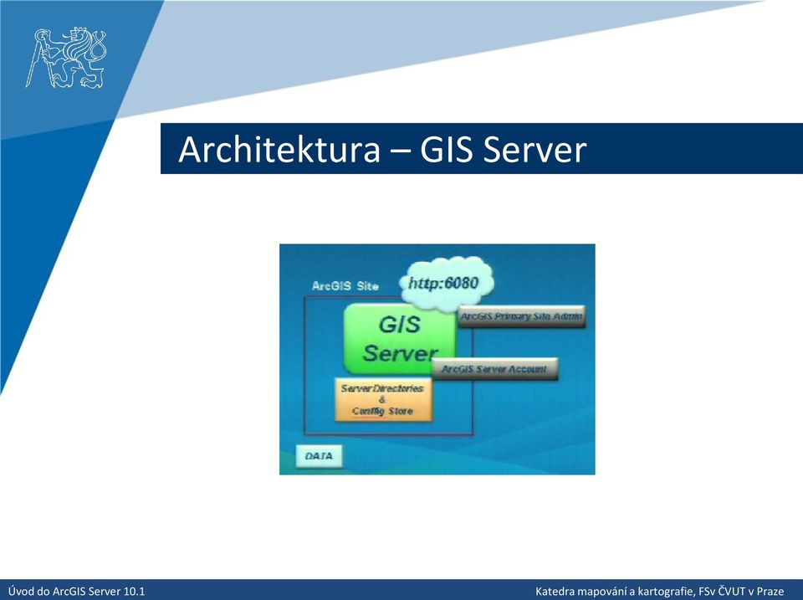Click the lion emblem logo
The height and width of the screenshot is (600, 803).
(66, 58)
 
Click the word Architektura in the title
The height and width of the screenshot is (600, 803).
(279, 149)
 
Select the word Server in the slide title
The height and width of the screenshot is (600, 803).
(534, 149)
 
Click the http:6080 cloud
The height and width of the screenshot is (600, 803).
(446, 284)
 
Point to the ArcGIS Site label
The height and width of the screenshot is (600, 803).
(345, 286)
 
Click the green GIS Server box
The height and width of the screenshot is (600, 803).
(400, 338)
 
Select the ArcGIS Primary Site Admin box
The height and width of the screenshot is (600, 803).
(521, 316)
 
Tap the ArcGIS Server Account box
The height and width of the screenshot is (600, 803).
(494, 369)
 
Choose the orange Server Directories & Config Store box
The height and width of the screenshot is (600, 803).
(383, 400)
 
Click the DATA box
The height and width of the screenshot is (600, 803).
(319, 456)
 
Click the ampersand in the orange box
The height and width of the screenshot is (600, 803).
(382, 400)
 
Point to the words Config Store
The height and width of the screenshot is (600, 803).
(382, 411)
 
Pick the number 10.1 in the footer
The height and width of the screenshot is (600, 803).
(135, 592)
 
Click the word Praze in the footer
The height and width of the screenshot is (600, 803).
(770, 592)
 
